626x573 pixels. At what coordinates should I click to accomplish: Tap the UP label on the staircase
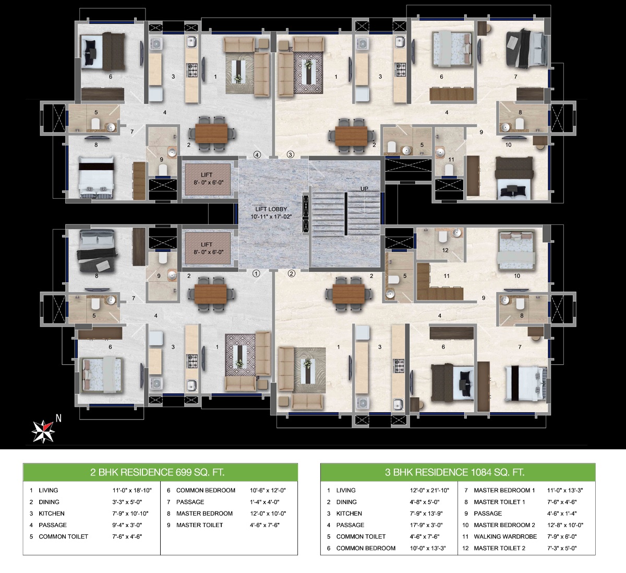[364, 188]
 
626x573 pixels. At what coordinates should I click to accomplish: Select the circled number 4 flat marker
[257, 154]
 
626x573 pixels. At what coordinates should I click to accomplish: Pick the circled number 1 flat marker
[256, 273]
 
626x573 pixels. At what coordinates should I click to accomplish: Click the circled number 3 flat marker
[291, 154]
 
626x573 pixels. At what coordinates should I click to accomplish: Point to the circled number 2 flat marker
[291, 273]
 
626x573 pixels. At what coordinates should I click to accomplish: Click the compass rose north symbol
[43, 429]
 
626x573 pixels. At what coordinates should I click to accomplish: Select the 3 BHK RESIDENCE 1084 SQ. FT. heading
[454, 473]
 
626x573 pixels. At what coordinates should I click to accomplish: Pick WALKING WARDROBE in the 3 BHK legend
[505, 536]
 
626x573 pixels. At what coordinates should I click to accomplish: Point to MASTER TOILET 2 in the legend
[499, 548]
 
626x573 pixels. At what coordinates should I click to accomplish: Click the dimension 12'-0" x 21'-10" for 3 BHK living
[428, 491]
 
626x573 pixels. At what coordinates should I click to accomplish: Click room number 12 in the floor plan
[445, 250]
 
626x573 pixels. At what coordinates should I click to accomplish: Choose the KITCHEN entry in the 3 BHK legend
[349, 514]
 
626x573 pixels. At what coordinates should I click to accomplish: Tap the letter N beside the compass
[59, 417]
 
